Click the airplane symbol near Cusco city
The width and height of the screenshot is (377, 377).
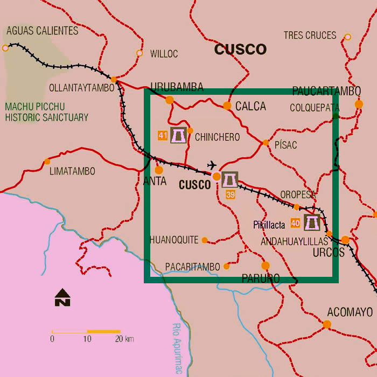point(212,165)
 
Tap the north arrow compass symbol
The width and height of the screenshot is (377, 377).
point(62,297)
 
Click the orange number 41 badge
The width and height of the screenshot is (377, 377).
point(163,136)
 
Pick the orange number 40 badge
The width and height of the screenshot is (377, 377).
point(295,222)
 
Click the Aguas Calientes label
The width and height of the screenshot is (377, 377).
point(43,31)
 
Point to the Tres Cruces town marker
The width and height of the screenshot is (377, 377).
point(347,37)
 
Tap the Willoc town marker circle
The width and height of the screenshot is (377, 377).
point(139,53)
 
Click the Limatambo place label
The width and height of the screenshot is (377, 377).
point(72,171)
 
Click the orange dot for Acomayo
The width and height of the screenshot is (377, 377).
point(327,324)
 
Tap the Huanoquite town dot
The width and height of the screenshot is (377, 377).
point(205,240)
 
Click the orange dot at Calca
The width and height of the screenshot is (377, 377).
point(227,106)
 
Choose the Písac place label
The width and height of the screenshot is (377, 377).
point(285,145)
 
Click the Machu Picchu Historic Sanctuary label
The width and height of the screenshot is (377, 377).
point(46,111)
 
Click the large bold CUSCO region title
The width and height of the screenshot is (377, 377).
point(240,50)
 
